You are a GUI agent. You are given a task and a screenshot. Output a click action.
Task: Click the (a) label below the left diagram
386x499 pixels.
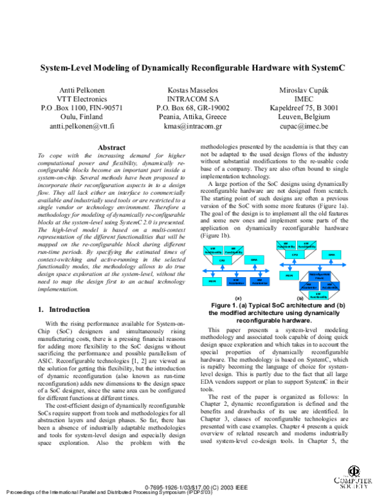pos(237,298)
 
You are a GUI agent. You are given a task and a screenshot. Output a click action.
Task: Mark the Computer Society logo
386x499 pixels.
pos(361,476)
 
